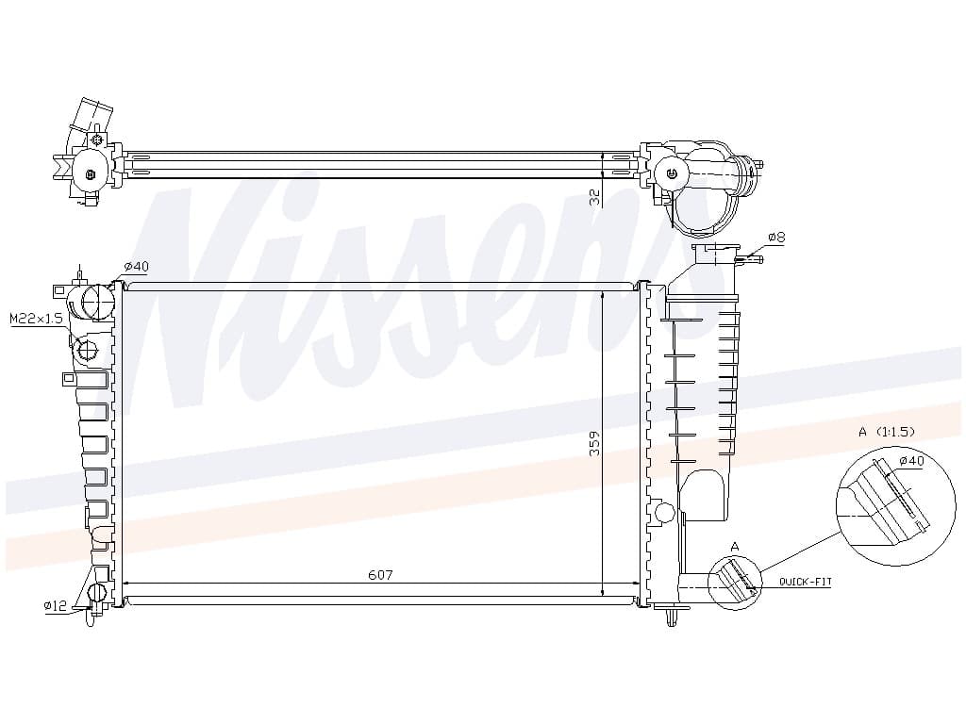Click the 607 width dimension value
(x=380, y=574)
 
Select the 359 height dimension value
(x=594, y=443)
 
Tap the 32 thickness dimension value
(x=595, y=197)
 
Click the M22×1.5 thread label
(x=37, y=319)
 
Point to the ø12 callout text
(x=56, y=605)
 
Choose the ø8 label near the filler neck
(x=776, y=237)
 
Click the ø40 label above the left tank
(x=136, y=267)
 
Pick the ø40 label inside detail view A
(x=912, y=460)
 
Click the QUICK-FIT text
(x=806, y=581)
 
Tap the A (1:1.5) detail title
(x=887, y=432)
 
